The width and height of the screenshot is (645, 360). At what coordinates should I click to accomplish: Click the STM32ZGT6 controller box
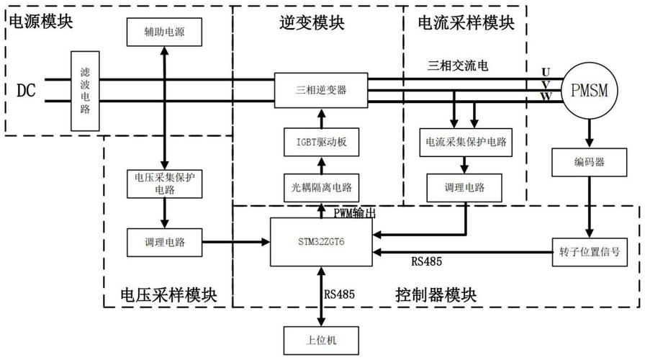(x=321, y=241)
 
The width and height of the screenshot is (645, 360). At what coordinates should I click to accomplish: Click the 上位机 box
(x=321, y=338)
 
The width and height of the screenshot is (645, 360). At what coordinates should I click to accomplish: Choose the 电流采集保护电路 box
(x=466, y=142)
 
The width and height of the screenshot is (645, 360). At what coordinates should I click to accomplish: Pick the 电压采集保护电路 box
(x=165, y=184)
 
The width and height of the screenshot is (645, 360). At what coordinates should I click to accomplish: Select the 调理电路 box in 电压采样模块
(x=165, y=243)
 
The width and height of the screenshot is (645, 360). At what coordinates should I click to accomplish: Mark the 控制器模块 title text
(x=436, y=294)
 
